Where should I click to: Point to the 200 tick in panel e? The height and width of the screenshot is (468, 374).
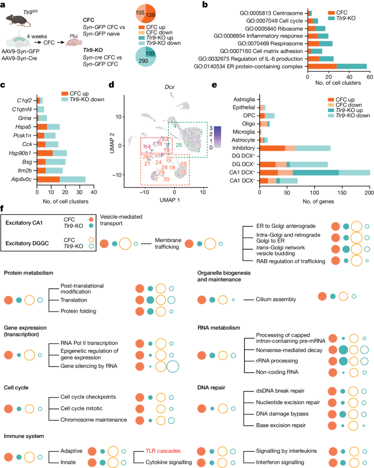pyautogui.click(x=369, y=192)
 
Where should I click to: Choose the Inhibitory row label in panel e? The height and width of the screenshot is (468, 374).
pyautogui.click(x=242, y=148)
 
